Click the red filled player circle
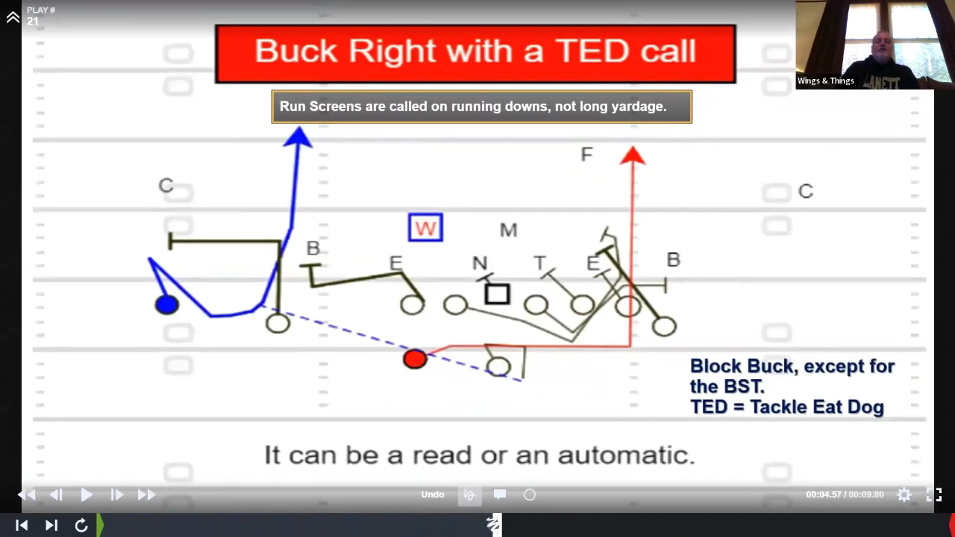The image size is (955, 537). pyautogui.click(x=415, y=359)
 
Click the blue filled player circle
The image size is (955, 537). pyautogui.click(x=166, y=305)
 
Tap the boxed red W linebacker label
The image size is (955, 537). pyautogui.click(x=425, y=227)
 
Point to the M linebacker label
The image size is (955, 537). pyautogui.click(x=508, y=230)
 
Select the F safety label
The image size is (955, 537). pyautogui.click(x=586, y=154)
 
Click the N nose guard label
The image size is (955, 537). pyautogui.click(x=480, y=263)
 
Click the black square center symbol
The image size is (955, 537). pyautogui.click(x=498, y=294)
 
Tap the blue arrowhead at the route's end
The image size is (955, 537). pyautogui.click(x=298, y=137)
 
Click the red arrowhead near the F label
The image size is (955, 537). pyautogui.click(x=633, y=155)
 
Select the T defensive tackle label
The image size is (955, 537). pyautogui.click(x=539, y=263)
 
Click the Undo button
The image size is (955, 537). pyautogui.click(x=432, y=494)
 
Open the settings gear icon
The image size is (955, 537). pyautogui.click(x=904, y=494)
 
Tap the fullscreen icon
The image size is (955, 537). pyautogui.click(x=933, y=494)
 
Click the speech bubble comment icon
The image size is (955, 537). pyautogui.click(x=500, y=494)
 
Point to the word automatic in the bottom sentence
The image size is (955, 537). pyautogui.click(x=627, y=455)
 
